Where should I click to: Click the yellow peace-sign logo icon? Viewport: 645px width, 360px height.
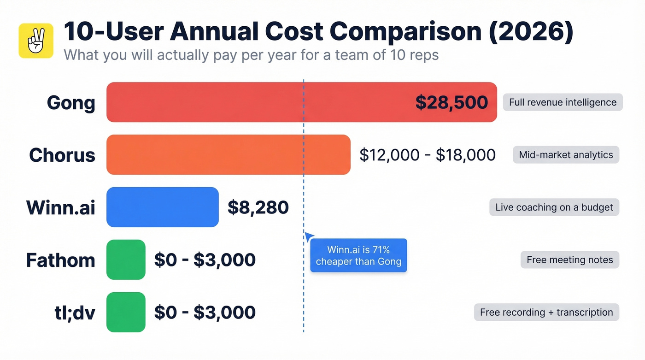coord(36,41)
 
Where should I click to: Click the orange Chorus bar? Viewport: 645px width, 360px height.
coord(228,155)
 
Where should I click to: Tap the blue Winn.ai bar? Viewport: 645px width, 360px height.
coord(162,207)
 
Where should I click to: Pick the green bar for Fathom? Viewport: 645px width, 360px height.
coord(126,260)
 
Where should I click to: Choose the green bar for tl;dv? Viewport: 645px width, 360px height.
coord(126,312)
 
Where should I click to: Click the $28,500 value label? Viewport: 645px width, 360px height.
coord(451,102)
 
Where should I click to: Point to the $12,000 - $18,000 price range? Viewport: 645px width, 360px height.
coord(427,155)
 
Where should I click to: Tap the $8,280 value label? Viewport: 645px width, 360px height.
coord(258,207)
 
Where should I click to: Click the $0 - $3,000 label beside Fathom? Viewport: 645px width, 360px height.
coord(205,260)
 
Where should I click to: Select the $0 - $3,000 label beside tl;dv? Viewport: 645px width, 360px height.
coord(205,313)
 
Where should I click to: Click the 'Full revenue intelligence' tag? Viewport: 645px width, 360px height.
coord(563,102)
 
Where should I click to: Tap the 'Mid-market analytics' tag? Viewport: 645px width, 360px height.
coord(566,155)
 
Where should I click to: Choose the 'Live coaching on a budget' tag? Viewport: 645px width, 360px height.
coord(554,207)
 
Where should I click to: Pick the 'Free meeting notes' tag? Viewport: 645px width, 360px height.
coord(569,260)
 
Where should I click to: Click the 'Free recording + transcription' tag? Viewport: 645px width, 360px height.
coord(546,313)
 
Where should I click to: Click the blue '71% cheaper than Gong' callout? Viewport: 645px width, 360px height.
coord(358,255)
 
